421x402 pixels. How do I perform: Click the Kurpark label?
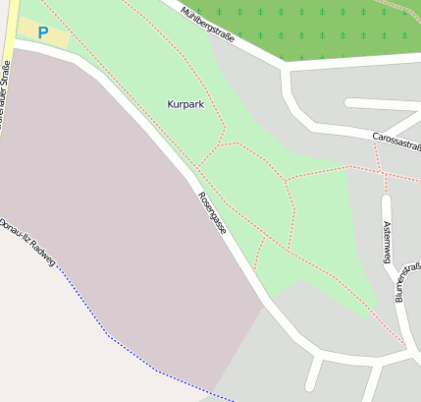[x=185, y=103]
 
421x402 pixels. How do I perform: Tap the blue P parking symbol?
[x=42, y=32]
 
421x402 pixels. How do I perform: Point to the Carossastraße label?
[x=396, y=143]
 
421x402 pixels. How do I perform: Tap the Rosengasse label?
[x=213, y=212]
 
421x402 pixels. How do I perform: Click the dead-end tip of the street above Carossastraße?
[x=350, y=102]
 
